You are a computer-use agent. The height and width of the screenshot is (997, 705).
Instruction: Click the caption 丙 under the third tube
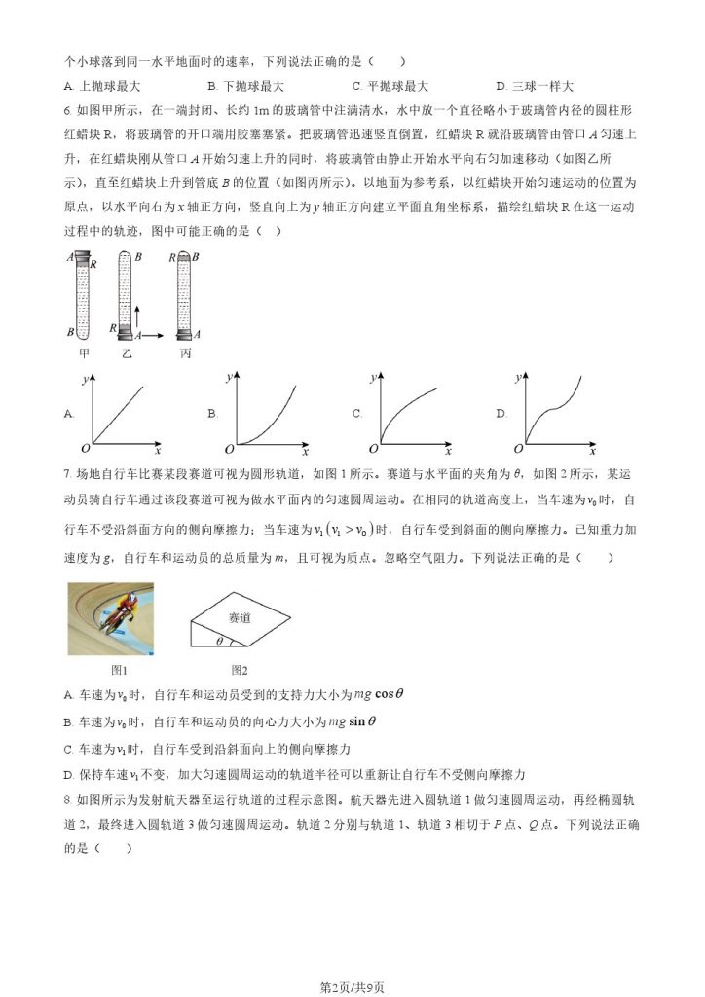pos(186,352)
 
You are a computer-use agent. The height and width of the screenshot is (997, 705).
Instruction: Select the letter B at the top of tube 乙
pos(138,256)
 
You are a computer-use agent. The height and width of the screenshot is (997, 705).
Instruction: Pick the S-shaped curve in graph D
pos(557,409)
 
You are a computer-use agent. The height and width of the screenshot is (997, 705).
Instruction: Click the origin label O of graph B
pos(230,449)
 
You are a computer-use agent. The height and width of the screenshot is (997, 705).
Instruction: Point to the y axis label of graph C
pos(375,376)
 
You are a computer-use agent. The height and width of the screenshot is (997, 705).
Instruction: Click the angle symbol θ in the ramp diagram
pos(219,642)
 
